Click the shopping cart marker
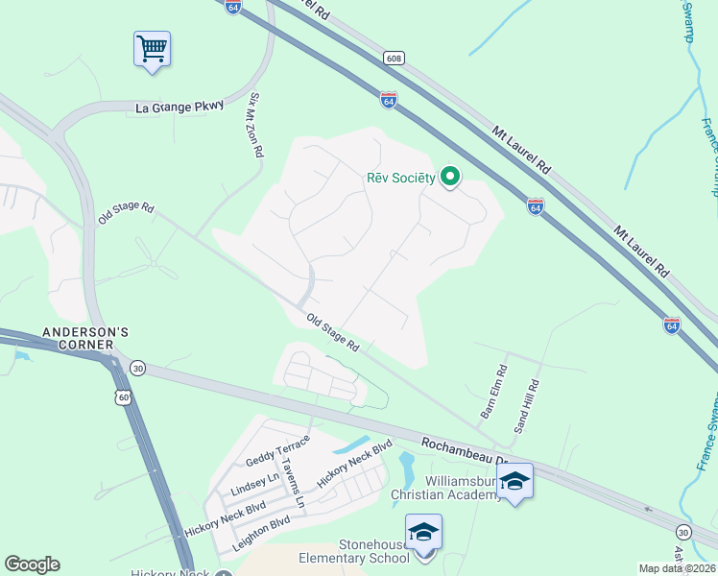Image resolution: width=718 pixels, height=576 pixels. [x=152, y=48]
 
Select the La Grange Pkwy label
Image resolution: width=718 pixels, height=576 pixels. [x=179, y=108]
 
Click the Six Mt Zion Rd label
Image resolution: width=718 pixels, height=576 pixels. [x=255, y=125]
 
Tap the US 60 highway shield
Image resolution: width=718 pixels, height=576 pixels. [x=122, y=396]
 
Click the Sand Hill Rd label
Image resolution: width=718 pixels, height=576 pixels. [x=527, y=406]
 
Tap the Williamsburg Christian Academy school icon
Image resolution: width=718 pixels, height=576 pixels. [x=515, y=481]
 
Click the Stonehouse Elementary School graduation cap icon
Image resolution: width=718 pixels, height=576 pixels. [x=423, y=532]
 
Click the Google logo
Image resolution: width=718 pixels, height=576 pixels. [x=32, y=564]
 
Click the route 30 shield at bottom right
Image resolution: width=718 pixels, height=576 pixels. [x=682, y=531]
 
